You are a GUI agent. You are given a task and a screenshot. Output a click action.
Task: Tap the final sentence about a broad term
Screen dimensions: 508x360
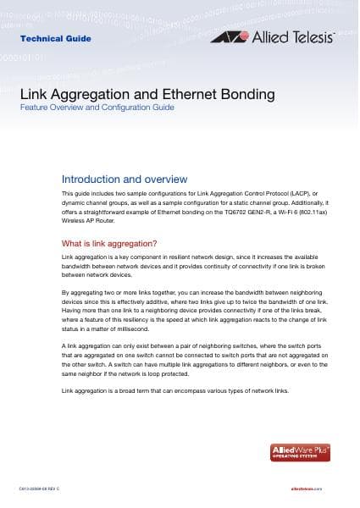click(175, 392)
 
